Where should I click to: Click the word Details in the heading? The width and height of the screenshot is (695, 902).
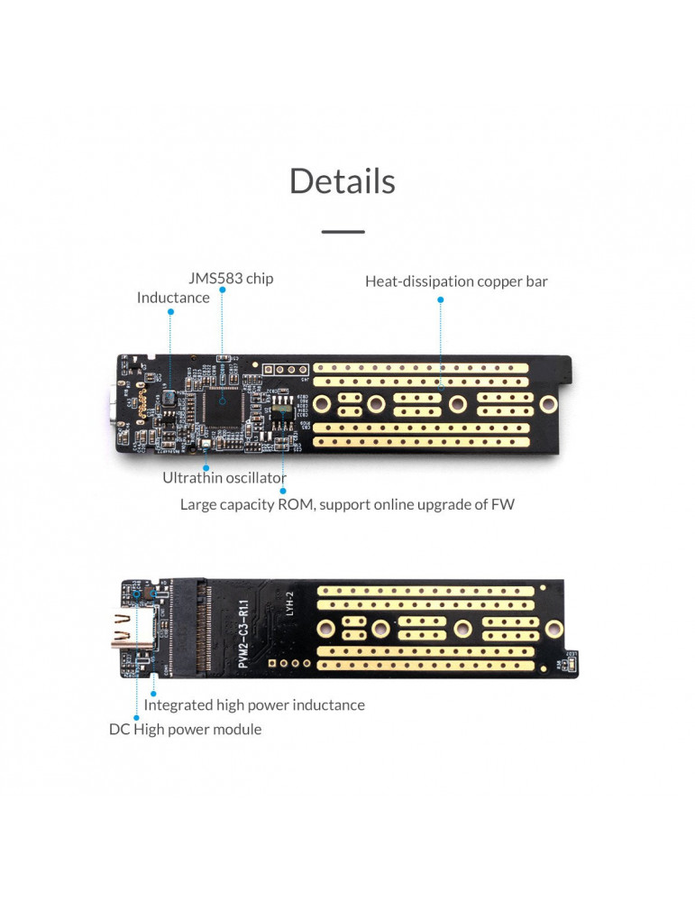click(x=342, y=181)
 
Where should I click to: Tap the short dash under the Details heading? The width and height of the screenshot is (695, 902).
click(x=343, y=232)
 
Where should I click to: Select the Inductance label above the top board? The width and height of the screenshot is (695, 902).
click(x=173, y=298)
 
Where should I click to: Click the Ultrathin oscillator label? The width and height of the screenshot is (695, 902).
click(x=224, y=478)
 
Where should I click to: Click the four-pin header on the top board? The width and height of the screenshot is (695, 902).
click(x=279, y=370)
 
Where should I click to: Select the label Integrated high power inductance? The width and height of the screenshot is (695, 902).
click(x=254, y=704)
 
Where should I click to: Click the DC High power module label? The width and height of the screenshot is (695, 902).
click(x=186, y=729)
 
